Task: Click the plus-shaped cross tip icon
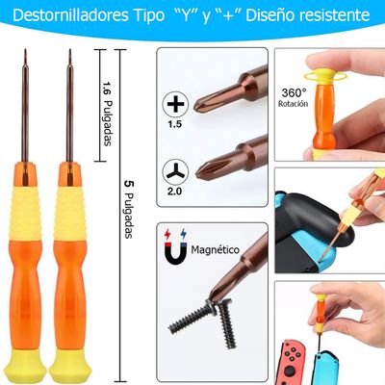(175, 104)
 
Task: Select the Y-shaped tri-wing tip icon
(175, 169)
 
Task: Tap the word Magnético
(218, 248)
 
